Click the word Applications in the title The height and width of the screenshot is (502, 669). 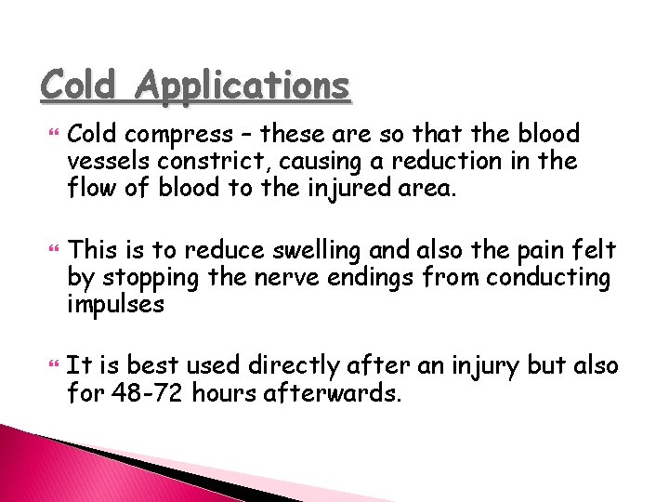point(243,86)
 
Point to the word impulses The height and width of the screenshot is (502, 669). point(115,304)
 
